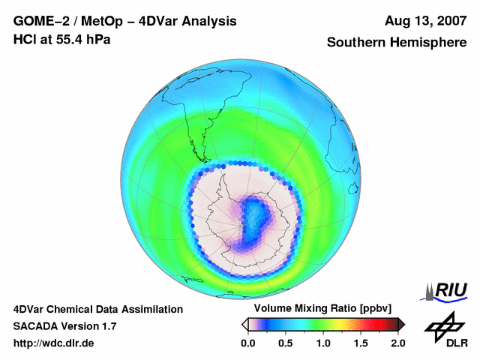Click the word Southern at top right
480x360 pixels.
pos(355,43)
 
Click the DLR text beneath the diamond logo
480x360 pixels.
pos(447,343)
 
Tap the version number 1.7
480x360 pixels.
pos(106,326)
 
